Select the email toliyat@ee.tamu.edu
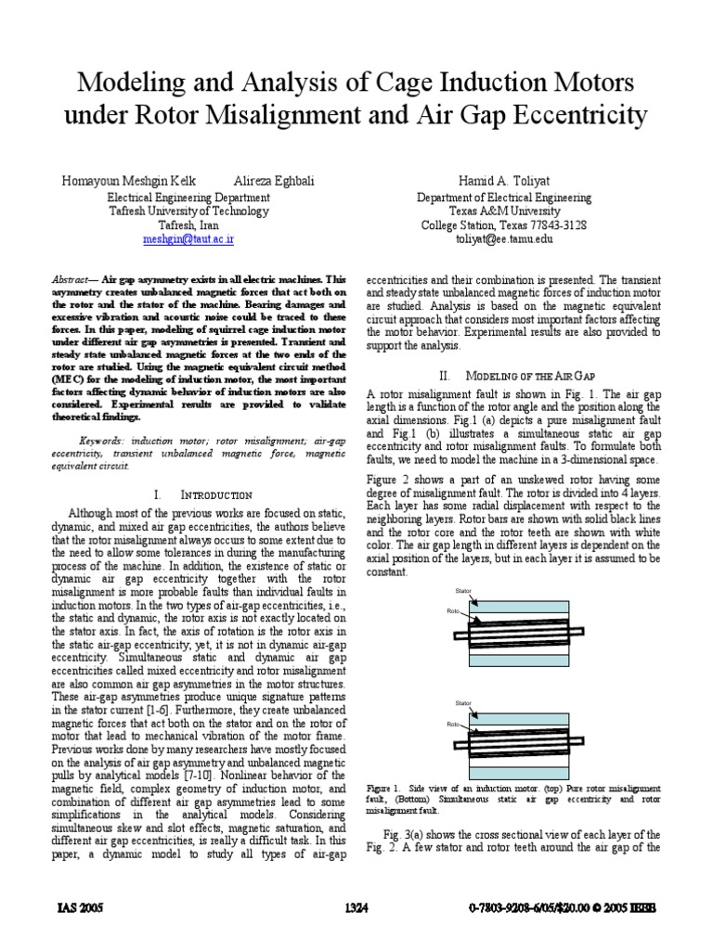[x=503, y=238]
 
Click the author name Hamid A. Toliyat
[x=502, y=181]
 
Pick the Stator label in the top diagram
[x=463, y=591]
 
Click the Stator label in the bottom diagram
[x=463, y=704]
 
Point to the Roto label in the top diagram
[x=454, y=610]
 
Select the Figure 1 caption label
[x=382, y=785]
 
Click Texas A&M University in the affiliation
[x=503, y=211]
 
